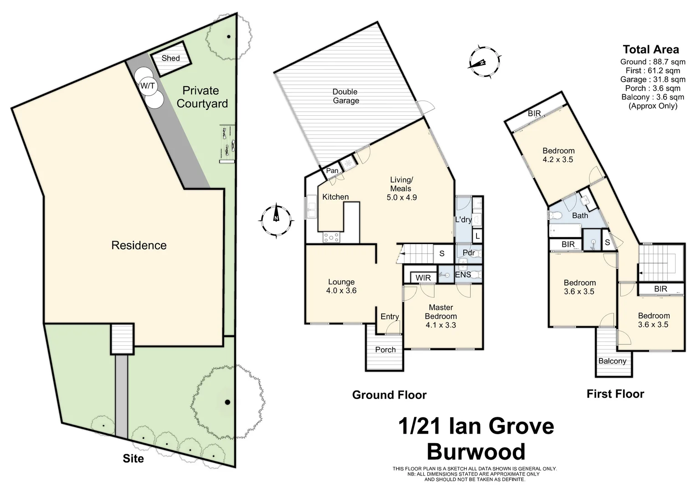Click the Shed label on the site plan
tap(170, 58)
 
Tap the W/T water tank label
tap(147, 86)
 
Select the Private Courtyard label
tap(202, 97)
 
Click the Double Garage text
tap(345, 96)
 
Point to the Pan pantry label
tap(332, 171)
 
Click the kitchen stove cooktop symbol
tap(331, 237)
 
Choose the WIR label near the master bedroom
tap(423, 277)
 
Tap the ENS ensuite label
tap(463, 275)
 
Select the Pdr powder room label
tap(469, 253)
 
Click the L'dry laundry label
tap(463, 220)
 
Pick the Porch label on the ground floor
tap(385, 350)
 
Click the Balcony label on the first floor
tap(612, 361)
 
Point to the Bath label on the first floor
tap(580, 215)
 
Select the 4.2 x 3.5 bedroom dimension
tap(558, 160)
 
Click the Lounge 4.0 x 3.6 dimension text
tap(341, 290)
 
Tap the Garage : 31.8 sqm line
tap(652, 79)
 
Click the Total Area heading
tap(650, 50)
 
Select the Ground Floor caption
tap(389, 395)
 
